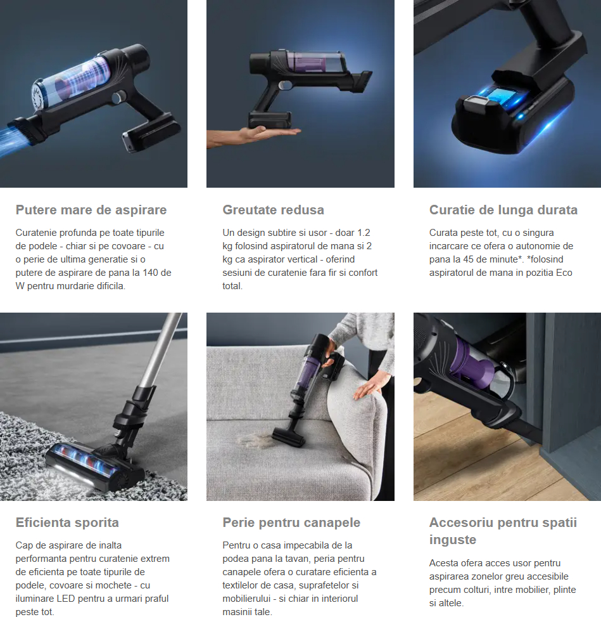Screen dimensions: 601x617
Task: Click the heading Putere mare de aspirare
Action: (91, 210)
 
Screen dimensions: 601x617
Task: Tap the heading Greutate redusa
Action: (273, 210)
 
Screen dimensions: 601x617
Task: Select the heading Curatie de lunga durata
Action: (503, 210)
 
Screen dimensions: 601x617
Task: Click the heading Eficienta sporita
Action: (67, 523)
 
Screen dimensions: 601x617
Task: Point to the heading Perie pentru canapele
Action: (291, 523)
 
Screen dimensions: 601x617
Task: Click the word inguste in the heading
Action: (452, 540)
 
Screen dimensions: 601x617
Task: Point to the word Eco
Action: (564, 273)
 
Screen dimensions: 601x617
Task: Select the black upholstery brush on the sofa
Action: (288, 437)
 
